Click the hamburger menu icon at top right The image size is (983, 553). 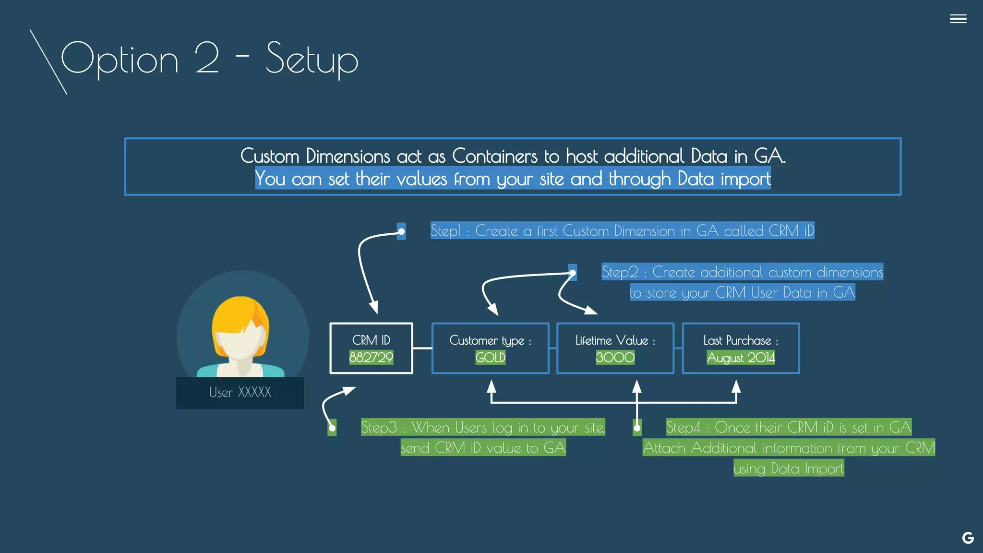click(958, 19)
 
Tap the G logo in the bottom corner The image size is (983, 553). click(968, 538)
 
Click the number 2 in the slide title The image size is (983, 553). click(207, 59)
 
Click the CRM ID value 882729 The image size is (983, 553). click(371, 357)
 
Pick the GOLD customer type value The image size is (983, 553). click(490, 357)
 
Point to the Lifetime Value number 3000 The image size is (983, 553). click(615, 357)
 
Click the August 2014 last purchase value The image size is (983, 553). click(741, 358)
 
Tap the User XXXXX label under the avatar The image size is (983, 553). click(240, 393)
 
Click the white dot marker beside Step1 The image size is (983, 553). click(401, 231)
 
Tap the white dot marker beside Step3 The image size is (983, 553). click(332, 428)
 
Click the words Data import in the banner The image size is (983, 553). click(724, 179)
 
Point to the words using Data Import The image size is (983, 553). click(789, 469)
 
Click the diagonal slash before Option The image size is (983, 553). click(48, 62)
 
